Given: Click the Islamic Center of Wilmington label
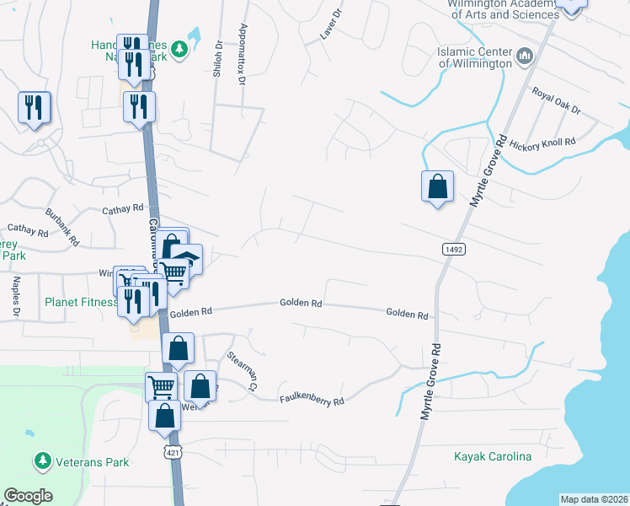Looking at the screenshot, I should point(474,57).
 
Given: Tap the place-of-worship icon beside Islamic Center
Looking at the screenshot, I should point(525,57).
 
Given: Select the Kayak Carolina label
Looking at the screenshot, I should point(493,457).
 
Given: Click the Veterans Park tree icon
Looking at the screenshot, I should point(41,460).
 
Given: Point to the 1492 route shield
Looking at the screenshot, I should point(452,249).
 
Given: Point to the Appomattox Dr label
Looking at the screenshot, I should point(243,53).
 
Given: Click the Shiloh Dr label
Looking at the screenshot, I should point(218,59).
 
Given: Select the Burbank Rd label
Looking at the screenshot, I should point(62,225).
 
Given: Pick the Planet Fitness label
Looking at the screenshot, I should point(81,302).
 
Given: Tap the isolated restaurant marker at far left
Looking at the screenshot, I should point(35,107).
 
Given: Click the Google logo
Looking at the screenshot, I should point(28,495).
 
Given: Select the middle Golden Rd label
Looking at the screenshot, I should point(301,303).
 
